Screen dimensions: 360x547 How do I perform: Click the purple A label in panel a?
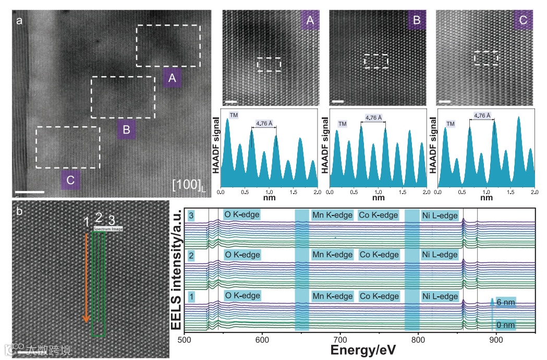point(172,79)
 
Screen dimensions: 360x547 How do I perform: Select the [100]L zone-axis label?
point(189,184)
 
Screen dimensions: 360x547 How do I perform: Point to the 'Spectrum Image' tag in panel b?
point(108,229)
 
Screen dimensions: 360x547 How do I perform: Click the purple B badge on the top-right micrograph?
point(416,21)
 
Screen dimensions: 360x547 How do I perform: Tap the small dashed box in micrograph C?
point(485,57)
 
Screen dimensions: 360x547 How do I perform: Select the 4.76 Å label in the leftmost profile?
point(264,124)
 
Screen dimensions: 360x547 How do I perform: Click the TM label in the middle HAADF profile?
point(342,124)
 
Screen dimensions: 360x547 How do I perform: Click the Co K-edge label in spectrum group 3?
point(378,215)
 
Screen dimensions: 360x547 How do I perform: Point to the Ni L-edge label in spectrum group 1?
point(440,296)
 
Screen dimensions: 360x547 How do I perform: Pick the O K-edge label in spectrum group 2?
point(241,255)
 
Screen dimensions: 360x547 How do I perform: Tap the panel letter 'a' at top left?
point(20,21)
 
